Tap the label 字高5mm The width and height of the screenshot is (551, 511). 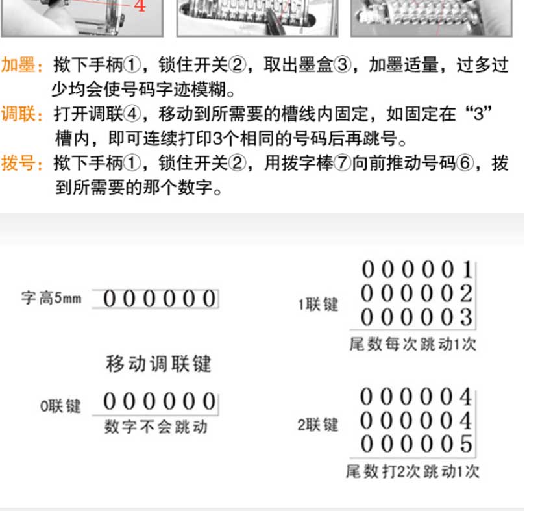coord(51,298)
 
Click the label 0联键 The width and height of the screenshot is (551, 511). coord(60,406)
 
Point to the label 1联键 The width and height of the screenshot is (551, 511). coord(318,305)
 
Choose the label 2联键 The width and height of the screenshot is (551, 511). coord(318,425)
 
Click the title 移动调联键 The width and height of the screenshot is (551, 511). coord(158,364)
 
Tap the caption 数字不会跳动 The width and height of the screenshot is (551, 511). coord(156,427)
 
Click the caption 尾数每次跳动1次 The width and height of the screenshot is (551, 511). coord(413,344)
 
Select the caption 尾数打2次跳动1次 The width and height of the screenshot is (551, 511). coord(413,471)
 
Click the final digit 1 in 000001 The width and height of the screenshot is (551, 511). coord(467,269)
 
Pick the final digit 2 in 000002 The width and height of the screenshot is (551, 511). coord(466,293)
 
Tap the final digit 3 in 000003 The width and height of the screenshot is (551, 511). coord(466,318)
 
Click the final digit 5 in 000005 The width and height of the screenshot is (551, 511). coord(466,444)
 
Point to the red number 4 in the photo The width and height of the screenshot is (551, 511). coord(140,5)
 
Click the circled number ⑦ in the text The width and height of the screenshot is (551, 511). coord(343,163)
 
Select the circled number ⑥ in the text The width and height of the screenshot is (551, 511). coord(465,163)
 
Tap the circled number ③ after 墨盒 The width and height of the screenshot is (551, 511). coord(342,65)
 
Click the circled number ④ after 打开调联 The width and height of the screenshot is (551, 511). coord(132,114)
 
